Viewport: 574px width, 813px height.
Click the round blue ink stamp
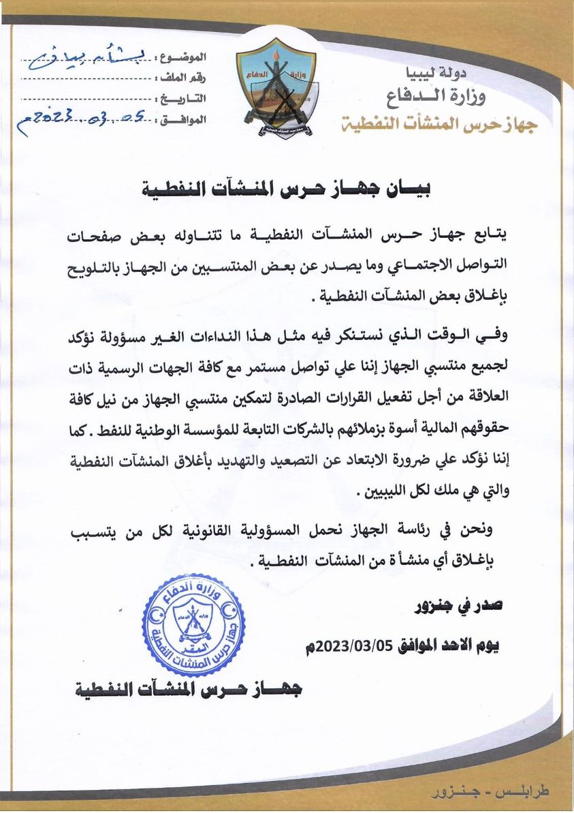coord(193,624)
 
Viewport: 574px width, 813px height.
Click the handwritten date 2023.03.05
coord(82,121)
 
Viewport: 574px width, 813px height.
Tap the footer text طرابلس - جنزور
coord(491,793)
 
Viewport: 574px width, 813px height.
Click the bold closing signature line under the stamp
coord(188,690)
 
